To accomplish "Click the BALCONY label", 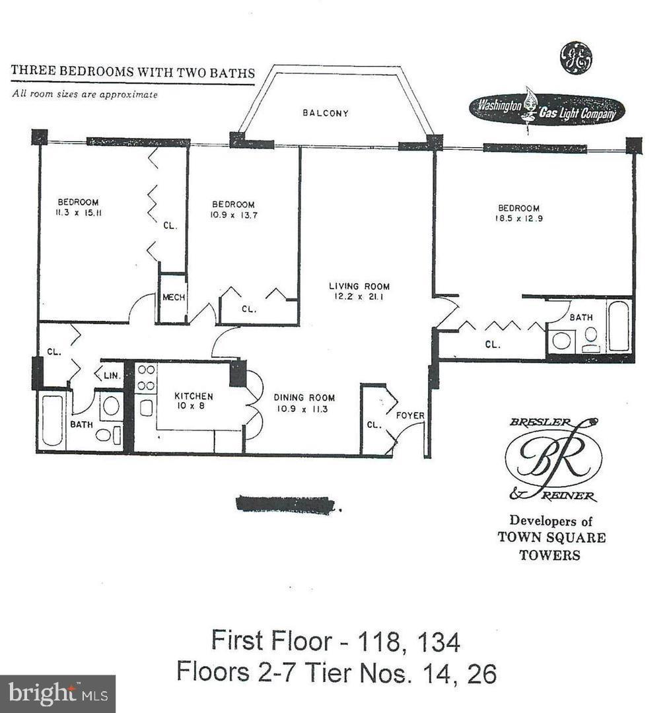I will pyautogui.click(x=325, y=113).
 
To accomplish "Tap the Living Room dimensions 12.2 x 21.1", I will pyautogui.click(x=359, y=297).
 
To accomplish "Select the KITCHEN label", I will pyautogui.click(x=193, y=396).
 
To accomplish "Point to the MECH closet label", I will pyautogui.click(x=174, y=298).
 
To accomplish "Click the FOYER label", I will pyautogui.click(x=409, y=415).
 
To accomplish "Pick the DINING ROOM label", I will pyautogui.click(x=304, y=397).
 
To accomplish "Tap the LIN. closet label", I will pyautogui.click(x=111, y=375).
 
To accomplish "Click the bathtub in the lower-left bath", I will pyautogui.click(x=52, y=420).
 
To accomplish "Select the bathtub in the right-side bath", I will pyautogui.click(x=619, y=326).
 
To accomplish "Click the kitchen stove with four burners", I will pyautogui.click(x=146, y=378).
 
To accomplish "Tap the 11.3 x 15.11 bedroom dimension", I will pyautogui.click(x=78, y=213).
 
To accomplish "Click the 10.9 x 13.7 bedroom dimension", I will pyautogui.click(x=232, y=215).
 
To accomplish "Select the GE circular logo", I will pyautogui.click(x=575, y=59).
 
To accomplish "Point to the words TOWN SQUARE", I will pyautogui.click(x=551, y=537).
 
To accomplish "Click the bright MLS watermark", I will pyautogui.click(x=57, y=693).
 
